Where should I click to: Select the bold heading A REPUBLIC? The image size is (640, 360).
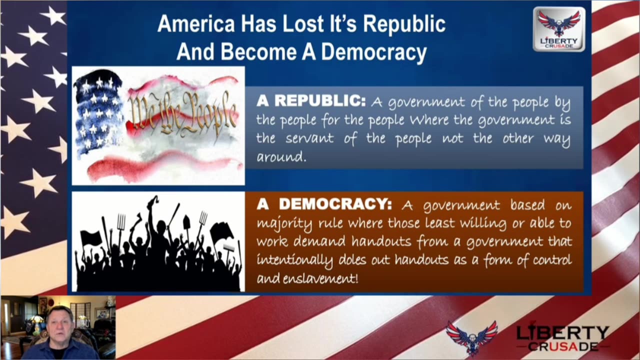tap(311, 101)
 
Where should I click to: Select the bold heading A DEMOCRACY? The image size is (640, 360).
tap(324, 205)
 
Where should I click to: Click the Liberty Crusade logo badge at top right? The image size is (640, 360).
tap(558, 28)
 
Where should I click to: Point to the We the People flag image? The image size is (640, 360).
tap(158, 125)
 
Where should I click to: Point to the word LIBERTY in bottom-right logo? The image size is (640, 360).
tap(562, 333)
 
